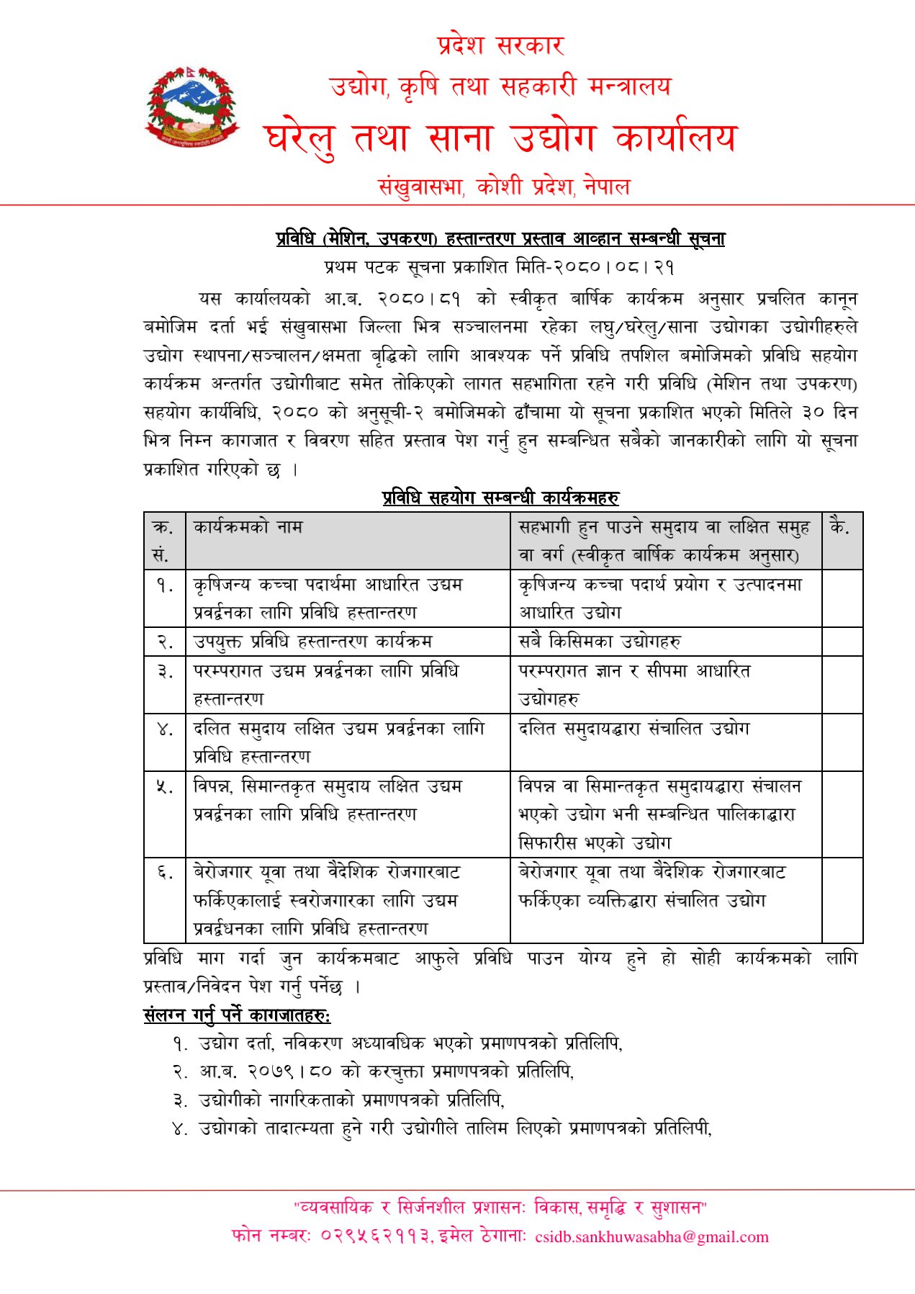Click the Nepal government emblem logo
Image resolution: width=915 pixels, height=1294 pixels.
191,108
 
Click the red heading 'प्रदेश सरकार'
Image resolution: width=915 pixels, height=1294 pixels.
500,46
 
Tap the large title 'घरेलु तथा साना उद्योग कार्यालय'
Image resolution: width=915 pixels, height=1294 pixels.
500,138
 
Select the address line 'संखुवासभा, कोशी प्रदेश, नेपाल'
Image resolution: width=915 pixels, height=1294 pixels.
504,187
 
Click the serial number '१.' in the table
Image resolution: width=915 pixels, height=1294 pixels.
165,585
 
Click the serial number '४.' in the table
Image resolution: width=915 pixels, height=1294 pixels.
165,729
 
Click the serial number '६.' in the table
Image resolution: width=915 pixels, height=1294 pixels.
165,873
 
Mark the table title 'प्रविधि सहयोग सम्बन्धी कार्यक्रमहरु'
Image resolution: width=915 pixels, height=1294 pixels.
500,498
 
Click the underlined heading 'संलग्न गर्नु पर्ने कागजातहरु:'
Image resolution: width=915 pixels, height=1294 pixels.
237,1015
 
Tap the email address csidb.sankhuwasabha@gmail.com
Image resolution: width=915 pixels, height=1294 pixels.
652,1237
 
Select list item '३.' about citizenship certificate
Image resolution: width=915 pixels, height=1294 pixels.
338,1100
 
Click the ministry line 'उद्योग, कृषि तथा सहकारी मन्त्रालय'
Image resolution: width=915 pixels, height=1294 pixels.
500,87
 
